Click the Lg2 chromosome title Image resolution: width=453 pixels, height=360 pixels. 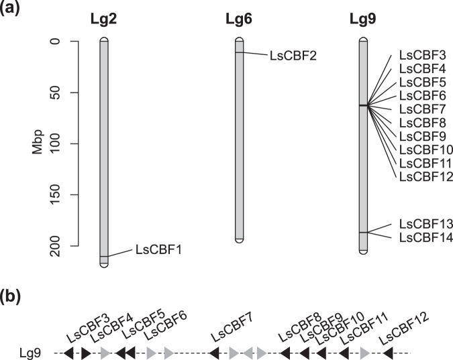(x=103, y=19)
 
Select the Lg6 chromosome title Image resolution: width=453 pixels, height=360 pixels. (x=239, y=19)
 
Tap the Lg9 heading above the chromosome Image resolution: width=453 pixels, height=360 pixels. (x=362, y=19)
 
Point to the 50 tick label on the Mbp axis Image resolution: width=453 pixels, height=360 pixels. (x=65, y=93)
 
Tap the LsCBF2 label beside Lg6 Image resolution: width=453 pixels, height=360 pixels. (x=292, y=55)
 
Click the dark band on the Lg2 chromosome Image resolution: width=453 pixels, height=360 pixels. (x=103, y=256)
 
